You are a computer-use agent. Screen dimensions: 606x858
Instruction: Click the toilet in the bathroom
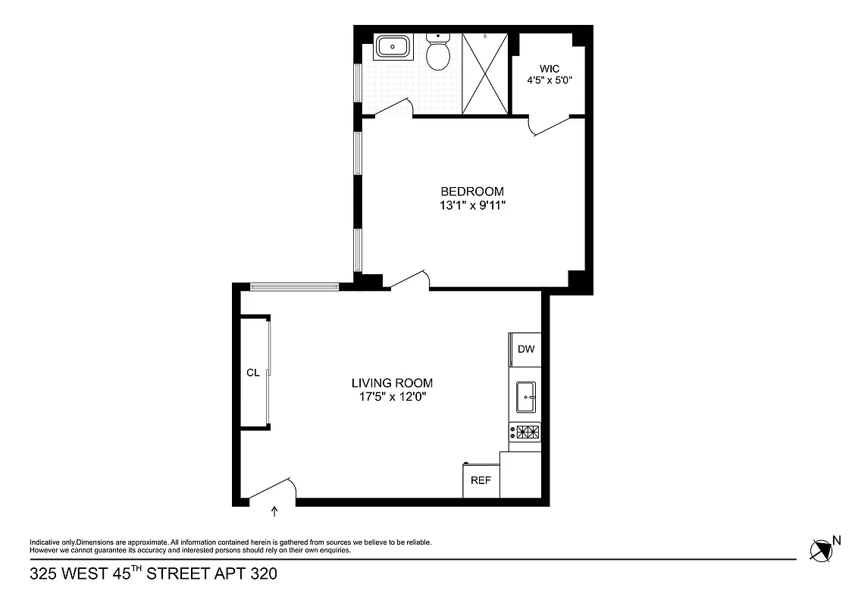(437, 53)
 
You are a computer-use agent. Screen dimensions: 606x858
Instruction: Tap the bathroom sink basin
(393, 46)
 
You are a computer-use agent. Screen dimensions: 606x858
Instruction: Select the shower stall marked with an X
(485, 73)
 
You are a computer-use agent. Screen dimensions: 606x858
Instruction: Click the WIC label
(550, 68)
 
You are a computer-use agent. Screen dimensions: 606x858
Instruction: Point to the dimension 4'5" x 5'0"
(550, 80)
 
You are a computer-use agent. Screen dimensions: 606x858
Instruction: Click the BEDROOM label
(472, 192)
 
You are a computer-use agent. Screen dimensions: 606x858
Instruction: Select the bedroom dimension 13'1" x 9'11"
(472, 205)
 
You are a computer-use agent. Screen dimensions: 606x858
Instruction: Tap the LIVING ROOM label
(392, 383)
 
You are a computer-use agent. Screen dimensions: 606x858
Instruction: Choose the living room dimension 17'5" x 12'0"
(392, 396)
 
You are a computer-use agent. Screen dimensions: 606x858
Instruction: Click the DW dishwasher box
(526, 349)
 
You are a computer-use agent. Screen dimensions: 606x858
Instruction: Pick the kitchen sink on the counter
(526, 395)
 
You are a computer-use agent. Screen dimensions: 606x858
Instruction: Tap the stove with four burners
(525, 432)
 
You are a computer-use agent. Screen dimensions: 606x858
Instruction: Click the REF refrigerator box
(481, 480)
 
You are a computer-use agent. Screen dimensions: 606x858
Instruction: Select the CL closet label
(253, 373)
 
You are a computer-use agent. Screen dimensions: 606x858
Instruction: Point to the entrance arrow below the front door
(274, 512)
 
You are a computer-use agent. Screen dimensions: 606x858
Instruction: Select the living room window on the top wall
(294, 286)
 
